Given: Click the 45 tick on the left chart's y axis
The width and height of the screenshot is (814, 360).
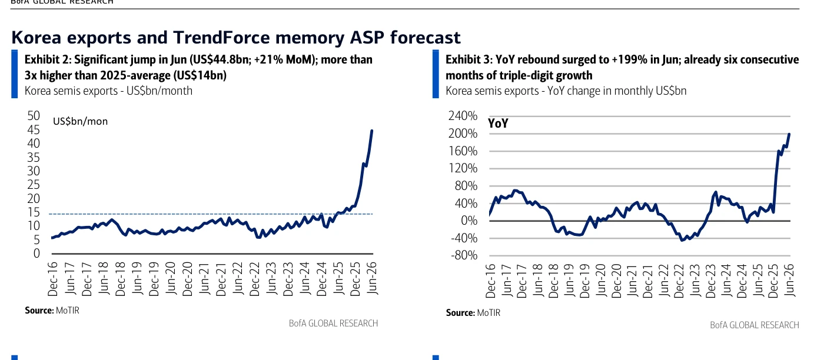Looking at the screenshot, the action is pos(34,129).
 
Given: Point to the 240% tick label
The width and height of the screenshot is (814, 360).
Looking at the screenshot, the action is pos(463,116).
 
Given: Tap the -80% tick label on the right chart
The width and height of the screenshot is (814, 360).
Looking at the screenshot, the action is pos(464,255).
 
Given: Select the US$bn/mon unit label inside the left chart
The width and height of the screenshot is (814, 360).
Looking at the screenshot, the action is pos(80,121).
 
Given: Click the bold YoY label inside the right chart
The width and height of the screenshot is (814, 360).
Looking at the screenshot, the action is pos(498,124).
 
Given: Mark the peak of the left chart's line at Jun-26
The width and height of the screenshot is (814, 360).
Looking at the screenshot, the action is pos(372,131).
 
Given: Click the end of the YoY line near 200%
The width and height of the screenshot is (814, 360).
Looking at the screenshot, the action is pos(789,134).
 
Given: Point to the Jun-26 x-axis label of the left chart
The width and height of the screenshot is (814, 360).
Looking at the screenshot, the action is pos(372,278).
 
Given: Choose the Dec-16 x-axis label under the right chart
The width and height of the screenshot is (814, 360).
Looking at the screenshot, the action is pos(490,281).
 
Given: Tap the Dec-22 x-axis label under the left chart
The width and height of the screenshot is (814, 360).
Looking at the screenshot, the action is pos(255,279).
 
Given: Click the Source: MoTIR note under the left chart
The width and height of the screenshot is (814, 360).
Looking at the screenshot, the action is pos(52,311).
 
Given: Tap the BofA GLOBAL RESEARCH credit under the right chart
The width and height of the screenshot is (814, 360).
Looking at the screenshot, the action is pos(755,325).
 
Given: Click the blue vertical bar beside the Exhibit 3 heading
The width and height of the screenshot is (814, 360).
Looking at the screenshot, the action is pos(436,74).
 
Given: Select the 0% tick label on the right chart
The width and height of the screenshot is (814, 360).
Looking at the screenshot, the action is pos(469,221).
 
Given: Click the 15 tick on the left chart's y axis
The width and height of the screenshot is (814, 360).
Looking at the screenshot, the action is pos(34,212).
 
